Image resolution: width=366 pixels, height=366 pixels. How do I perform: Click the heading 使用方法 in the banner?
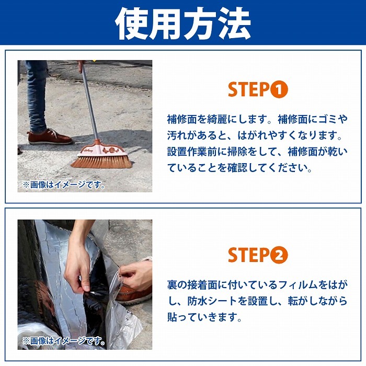tap(183, 24)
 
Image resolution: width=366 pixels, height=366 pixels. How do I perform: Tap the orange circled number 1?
tap(279, 89)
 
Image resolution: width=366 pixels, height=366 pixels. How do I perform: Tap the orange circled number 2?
tap(279, 255)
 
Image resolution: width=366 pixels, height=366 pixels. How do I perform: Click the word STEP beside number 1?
tap(248, 89)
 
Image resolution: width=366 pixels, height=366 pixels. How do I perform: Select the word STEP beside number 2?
tap(248, 255)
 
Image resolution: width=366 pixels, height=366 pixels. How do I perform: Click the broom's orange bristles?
tap(101, 162)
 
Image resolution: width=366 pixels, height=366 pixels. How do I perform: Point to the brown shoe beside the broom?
tap(50, 136)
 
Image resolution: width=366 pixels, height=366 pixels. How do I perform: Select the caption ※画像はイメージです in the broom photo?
tap(64, 185)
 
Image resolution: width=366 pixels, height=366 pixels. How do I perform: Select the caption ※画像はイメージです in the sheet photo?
tap(64, 341)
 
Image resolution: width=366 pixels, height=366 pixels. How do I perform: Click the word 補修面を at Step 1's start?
tap(187, 119)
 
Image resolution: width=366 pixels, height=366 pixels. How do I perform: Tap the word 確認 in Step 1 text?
tap(237, 168)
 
